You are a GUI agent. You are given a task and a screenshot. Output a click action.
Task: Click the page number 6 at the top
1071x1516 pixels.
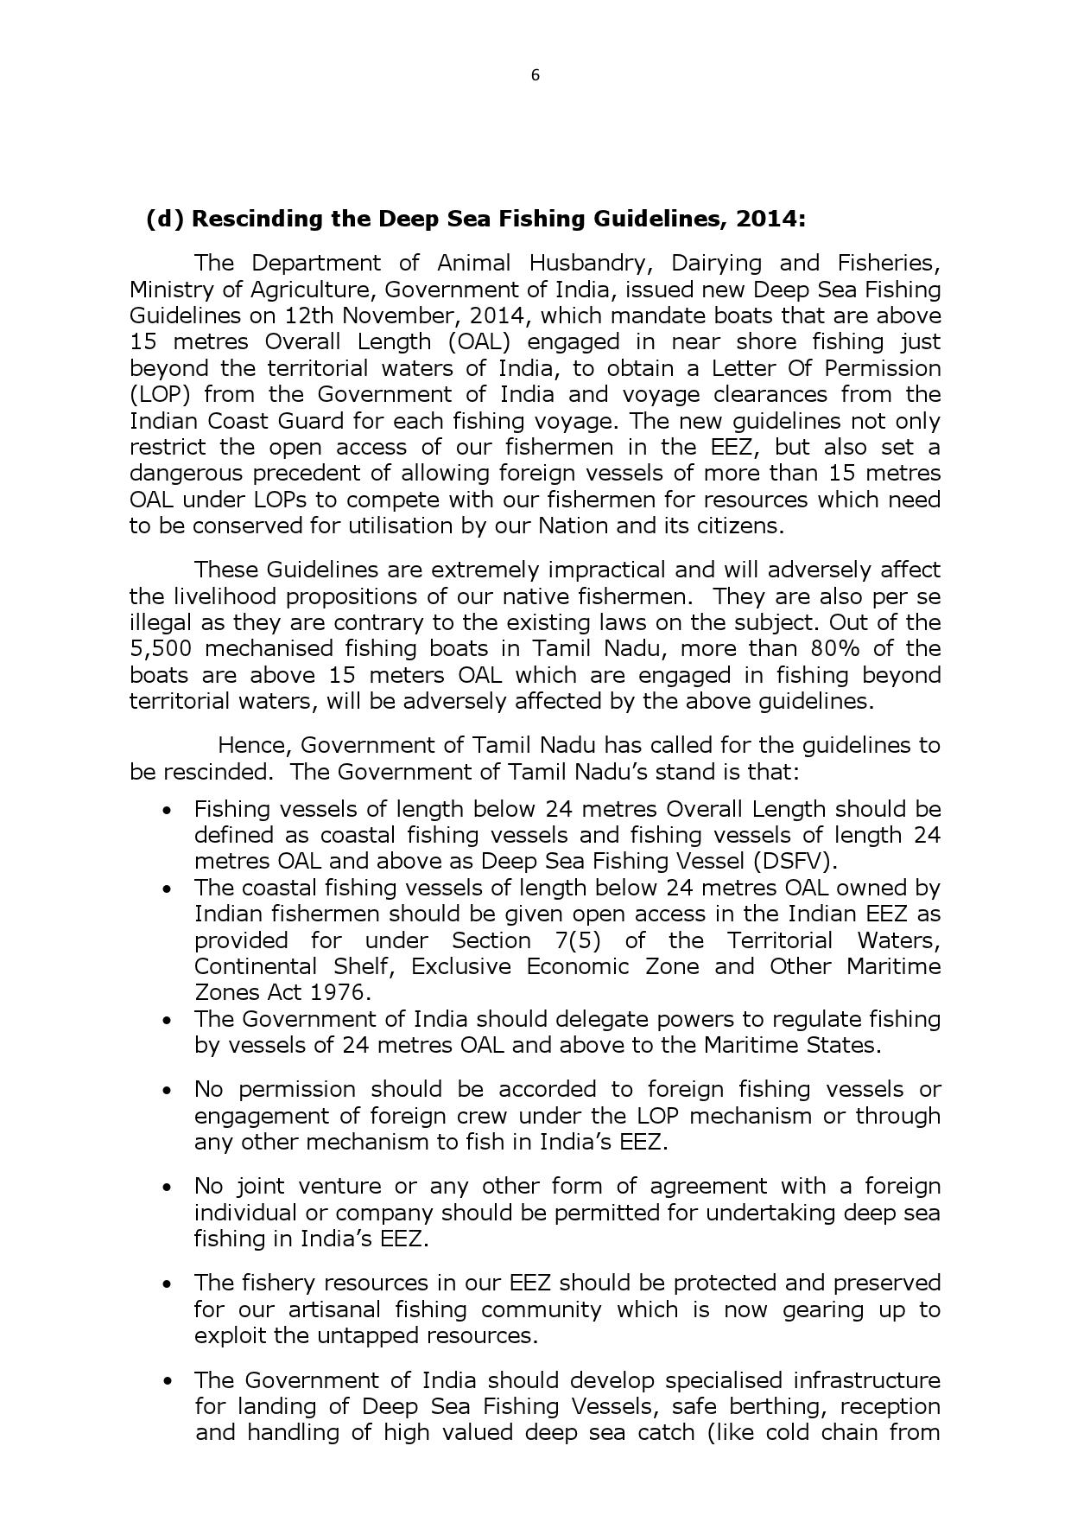[535, 75]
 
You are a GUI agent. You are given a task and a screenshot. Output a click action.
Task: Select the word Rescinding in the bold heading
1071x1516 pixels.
[257, 219]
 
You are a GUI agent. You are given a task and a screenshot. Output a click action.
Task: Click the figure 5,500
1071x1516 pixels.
[160, 649]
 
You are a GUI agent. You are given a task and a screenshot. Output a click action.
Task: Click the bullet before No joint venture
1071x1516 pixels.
[168, 1187]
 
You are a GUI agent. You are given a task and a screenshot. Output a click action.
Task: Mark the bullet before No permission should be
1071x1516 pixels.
[168, 1090]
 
